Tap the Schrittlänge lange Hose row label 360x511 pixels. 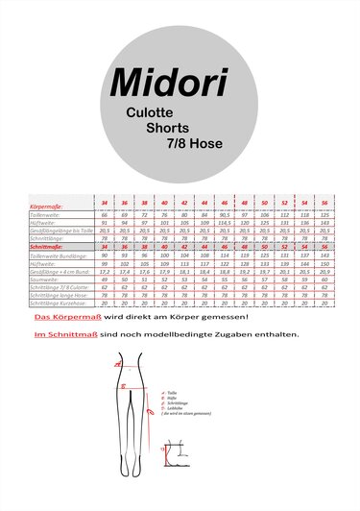(x=58, y=295)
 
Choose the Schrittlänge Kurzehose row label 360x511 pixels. (x=60, y=304)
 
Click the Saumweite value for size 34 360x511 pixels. (x=104, y=279)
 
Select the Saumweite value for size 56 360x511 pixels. (x=324, y=279)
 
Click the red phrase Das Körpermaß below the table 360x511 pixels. (x=60, y=316)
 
